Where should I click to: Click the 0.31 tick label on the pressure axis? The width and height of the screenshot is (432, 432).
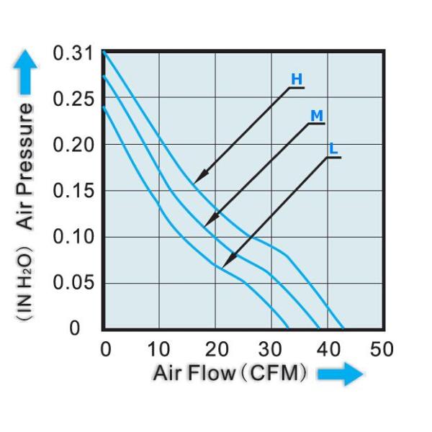click(73, 53)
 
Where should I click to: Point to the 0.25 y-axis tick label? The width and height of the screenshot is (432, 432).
click(73, 99)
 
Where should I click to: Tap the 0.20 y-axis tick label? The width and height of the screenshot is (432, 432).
click(73, 145)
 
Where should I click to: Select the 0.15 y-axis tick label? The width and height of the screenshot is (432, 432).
click(73, 191)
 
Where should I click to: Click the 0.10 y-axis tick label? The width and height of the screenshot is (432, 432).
click(73, 237)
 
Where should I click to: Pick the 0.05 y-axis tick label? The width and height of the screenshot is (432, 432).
click(73, 282)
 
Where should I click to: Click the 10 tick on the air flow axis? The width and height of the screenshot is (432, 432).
click(159, 350)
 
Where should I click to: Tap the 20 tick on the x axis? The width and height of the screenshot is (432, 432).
click(215, 350)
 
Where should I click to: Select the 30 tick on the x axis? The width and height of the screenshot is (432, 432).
click(271, 350)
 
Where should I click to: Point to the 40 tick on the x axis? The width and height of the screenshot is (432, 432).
click(326, 350)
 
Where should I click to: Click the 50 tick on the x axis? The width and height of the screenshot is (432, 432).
click(382, 350)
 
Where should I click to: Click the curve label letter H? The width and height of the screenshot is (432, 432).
click(296, 79)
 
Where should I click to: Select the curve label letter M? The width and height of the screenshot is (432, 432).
click(316, 115)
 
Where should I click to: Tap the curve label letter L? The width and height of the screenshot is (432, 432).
click(333, 149)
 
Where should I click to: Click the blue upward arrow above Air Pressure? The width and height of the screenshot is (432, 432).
click(24, 71)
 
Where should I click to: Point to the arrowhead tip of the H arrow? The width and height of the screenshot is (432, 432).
click(195, 182)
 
